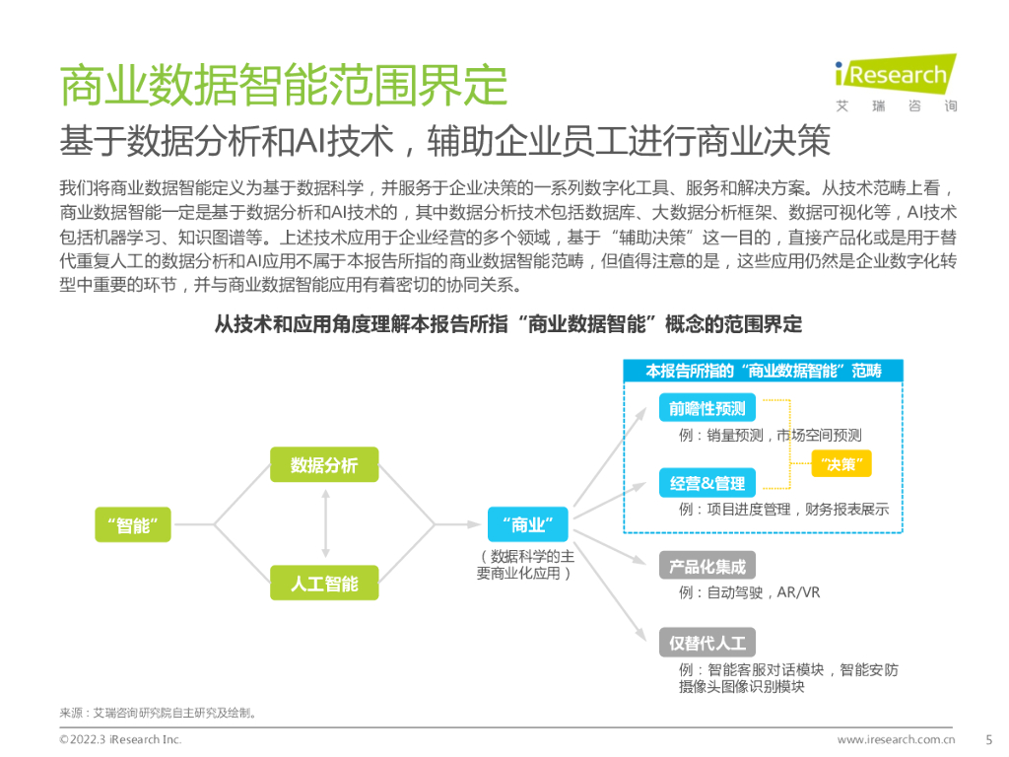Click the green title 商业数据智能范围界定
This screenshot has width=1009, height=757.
click(x=284, y=86)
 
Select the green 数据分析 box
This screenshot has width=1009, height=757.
click(x=324, y=465)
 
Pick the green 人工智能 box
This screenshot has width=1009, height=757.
click(x=324, y=584)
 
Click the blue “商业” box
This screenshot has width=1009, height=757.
click(x=527, y=523)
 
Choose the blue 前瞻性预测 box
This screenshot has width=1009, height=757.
click(x=706, y=408)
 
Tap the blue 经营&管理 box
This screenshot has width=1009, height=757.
click(x=706, y=483)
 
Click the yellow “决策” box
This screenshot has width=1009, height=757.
click(x=841, y=464)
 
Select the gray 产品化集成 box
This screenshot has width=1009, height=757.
click(x=706, y=566)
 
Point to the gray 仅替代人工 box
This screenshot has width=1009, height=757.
click(x=706, y=643)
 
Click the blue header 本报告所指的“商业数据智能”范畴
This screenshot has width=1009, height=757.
click(x=763, y=372)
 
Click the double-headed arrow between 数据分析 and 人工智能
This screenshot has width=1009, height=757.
click(x=324, y=524)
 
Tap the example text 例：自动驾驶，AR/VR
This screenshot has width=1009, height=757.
click(x=749, y=592)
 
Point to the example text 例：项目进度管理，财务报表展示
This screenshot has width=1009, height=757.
click(x=783, y=510)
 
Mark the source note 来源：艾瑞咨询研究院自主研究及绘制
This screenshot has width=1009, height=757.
click(x=159, y=713)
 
